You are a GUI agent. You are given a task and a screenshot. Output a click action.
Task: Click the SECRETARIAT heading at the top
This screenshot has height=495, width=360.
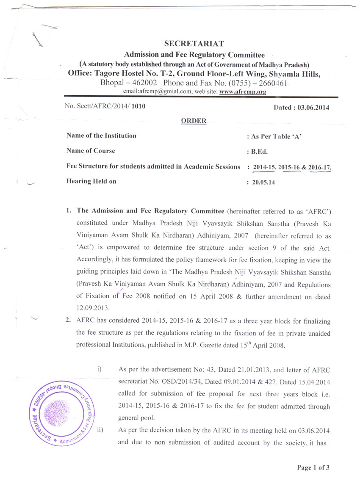(194, 43)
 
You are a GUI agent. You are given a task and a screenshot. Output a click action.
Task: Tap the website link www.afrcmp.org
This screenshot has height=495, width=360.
(243, 91)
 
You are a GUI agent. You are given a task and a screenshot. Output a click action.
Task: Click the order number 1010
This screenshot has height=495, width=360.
(138, 106)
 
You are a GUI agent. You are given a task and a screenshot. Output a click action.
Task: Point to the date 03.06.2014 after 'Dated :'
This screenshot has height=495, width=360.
(313, 108)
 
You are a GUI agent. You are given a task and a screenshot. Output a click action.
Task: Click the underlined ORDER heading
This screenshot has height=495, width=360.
(194, 121)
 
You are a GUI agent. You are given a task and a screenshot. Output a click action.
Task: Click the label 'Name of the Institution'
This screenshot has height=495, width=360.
(101, 136)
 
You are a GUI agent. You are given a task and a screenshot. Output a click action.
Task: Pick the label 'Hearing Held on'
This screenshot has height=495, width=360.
(91, 181)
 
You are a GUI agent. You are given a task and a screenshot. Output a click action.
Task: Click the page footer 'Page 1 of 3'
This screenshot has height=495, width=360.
(313, 467)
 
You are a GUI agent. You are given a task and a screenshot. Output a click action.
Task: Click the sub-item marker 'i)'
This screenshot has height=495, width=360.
(100, 369)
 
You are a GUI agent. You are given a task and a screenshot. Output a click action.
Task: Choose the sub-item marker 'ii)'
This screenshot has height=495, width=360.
(100, 430)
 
